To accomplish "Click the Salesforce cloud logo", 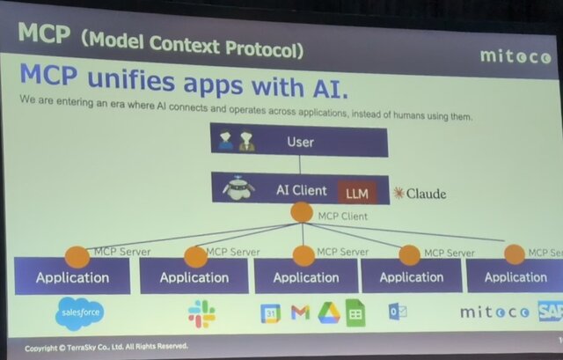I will [80, 312].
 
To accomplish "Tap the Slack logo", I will [201, 312].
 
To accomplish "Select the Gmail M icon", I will [300, 312].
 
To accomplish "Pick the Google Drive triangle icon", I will [328, 312].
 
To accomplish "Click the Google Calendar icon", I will [271, 312].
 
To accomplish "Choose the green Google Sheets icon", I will [355, 312].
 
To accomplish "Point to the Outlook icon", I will [398, 312].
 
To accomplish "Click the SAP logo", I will [550, 311].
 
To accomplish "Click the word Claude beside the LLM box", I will [425, 193].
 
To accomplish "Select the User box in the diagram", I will [299, 141].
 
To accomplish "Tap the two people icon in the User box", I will [236, 141].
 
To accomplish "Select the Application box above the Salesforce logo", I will [72, 277].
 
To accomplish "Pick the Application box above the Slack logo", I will [194, 277].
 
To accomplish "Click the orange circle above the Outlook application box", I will [409, 254].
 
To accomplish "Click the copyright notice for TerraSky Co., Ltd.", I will [106, 346].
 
